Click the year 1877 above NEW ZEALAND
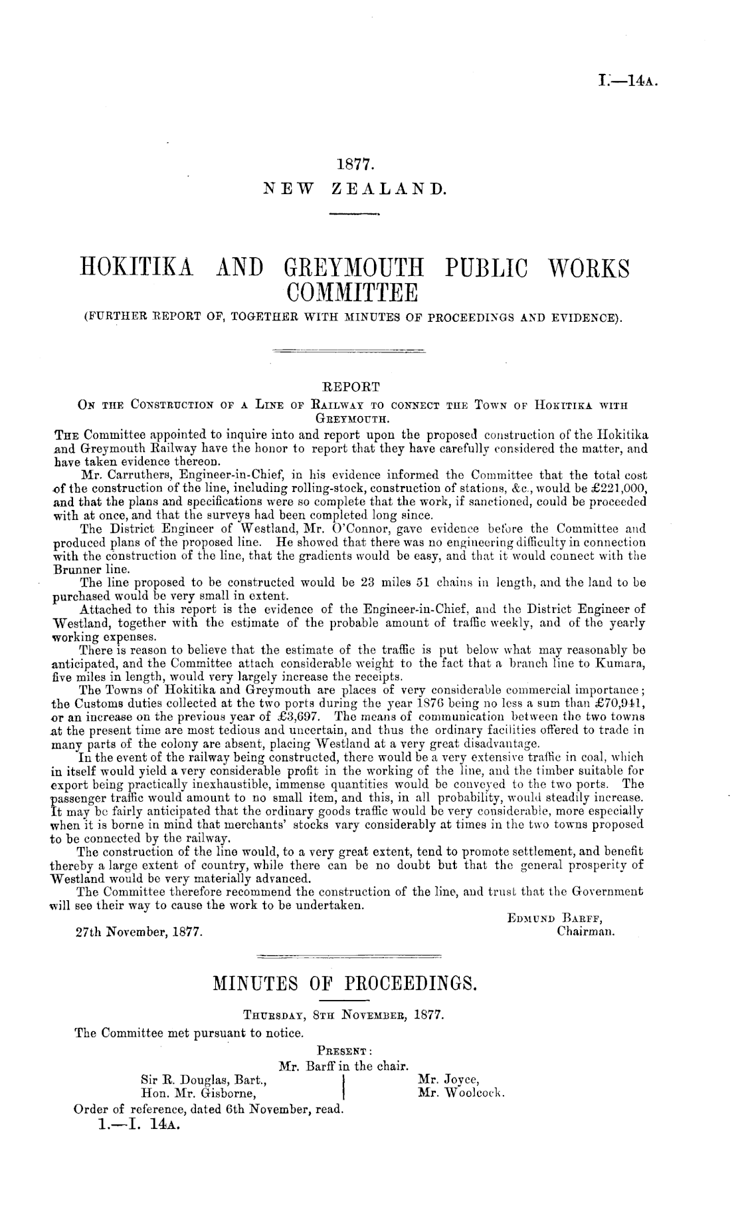tap(353, 164)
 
